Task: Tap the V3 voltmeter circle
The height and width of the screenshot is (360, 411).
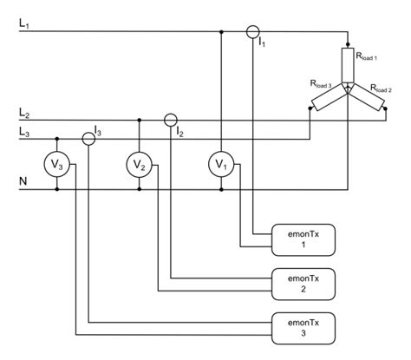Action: (57, 162)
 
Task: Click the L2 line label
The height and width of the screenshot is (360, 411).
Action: (24, 114)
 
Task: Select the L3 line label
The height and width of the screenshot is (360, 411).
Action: (24, 131)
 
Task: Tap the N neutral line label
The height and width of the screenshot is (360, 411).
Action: (23, 181)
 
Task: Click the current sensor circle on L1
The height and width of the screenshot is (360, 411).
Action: (252, 33)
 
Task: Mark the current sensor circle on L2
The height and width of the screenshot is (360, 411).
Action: (171, 120)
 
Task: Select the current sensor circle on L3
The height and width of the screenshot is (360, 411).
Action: (89, 137)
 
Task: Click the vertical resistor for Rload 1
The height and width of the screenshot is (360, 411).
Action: (347, 66)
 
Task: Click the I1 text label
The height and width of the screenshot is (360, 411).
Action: (264, 43)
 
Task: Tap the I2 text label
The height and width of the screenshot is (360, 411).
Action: (179, 132)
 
